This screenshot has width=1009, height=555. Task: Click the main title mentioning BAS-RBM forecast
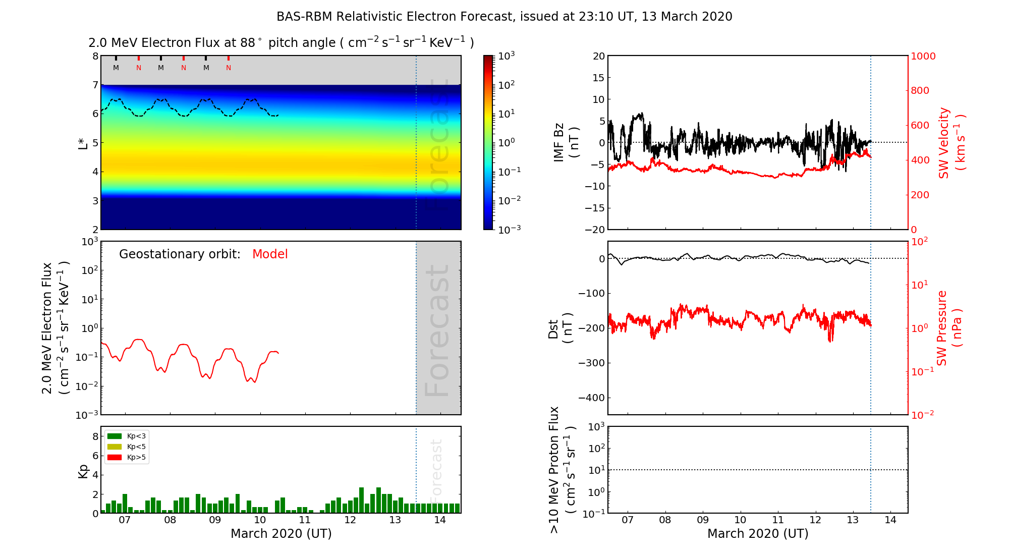(504, 17)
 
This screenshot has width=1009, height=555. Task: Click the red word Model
(270, 254)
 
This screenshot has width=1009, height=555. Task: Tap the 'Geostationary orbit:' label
(180, 254)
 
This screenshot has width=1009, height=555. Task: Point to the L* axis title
(83, 142)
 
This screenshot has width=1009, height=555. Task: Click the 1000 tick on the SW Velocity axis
(923, 56)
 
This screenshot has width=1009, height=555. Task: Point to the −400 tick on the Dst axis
(591, 398)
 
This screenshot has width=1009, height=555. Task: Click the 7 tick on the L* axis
(95, 85)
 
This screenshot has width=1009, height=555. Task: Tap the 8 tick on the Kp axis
(95, 436)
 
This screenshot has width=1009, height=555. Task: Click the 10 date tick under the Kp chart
(260, 520)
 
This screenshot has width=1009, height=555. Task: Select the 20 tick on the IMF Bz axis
(598, 56)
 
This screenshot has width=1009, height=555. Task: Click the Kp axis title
(83, 471)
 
